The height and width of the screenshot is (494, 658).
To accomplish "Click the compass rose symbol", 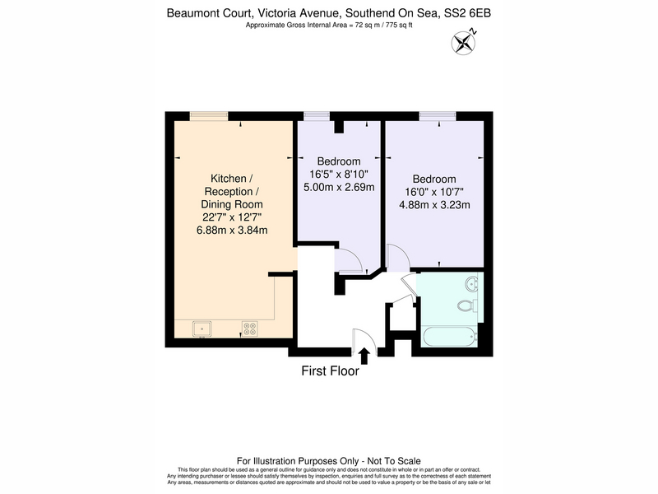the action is click(x=464, y=42).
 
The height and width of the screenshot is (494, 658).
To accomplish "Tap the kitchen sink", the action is click(x=202, y=329).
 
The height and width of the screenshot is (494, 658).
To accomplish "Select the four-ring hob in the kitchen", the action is click(x=250, y=329).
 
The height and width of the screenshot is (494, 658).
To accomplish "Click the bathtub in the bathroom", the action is click(x=450, y=337).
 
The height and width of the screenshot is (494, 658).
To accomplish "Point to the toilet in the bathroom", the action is click(x=467, y=305).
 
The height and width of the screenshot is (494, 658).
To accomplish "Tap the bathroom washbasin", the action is click(x=472, y=283).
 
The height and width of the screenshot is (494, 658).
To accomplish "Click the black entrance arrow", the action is click(x=364, y=356).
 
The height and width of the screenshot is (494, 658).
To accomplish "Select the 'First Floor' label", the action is click(x=331, y=371).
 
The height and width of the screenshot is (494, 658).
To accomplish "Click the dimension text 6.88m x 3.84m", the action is click(x=232, y=231).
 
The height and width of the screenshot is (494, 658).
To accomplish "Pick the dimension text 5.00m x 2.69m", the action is click(x=339, y=188).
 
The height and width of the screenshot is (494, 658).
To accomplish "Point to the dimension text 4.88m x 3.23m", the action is click(x=434, y=205).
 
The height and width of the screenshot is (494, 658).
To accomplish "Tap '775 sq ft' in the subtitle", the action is click(x=399, y=26).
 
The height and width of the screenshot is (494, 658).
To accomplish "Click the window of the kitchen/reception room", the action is click(x=209, y=116).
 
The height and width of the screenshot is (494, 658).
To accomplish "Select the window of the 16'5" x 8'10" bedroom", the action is click(x=317, y=116).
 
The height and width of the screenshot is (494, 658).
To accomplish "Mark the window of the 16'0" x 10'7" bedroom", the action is click(x=438, y=116).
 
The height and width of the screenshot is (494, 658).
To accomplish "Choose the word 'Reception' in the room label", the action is click(x=229, y=192).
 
